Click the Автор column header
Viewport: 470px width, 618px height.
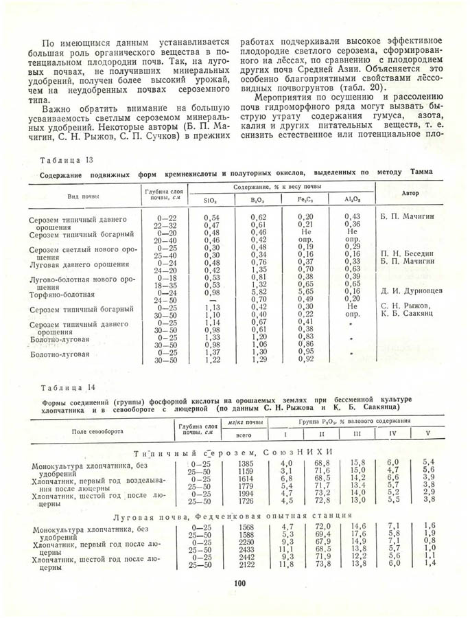pos(410,193)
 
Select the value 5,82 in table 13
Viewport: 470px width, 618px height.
pos(258,291)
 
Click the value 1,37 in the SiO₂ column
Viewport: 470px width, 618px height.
pos(212,352)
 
